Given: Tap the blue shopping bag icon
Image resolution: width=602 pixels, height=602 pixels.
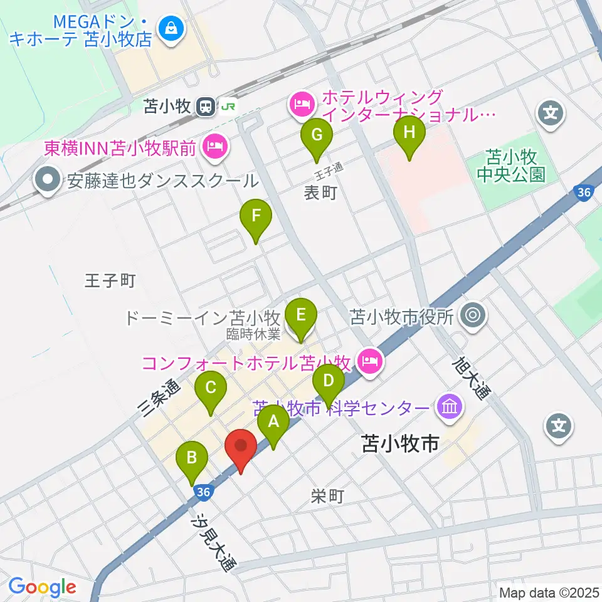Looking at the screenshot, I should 169,28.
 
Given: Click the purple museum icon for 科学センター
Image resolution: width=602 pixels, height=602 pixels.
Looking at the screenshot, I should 450,408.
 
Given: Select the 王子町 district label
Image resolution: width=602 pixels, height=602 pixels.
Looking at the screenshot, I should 110,280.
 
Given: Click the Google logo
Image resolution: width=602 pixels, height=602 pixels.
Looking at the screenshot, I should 42,588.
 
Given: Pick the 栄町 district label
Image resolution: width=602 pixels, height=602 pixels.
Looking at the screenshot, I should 327,497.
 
